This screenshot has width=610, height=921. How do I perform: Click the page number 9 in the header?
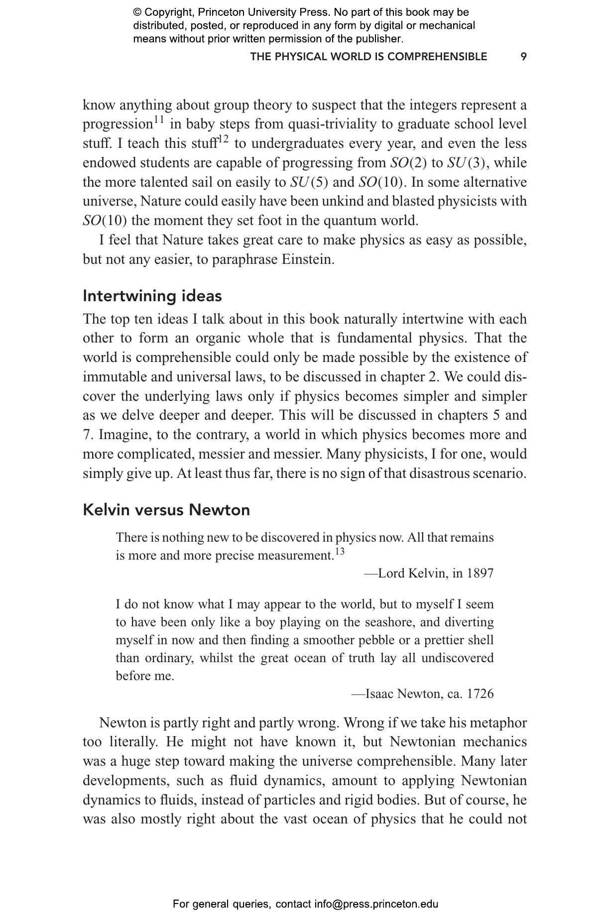point(523,57)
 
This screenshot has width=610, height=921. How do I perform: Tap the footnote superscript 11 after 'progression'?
point(158,120)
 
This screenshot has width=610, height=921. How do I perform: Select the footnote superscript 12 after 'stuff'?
point(224,139)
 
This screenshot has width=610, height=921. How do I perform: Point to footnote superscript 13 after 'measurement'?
point(340,552)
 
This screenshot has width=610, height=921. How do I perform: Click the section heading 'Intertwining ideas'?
point(152,296)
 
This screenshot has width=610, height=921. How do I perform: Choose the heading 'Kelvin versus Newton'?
point(166,510)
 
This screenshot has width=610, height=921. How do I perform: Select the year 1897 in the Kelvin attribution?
point(480,574)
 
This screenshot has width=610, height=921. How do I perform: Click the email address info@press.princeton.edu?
point(376,904)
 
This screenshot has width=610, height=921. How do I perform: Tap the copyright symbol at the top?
point(137,12)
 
